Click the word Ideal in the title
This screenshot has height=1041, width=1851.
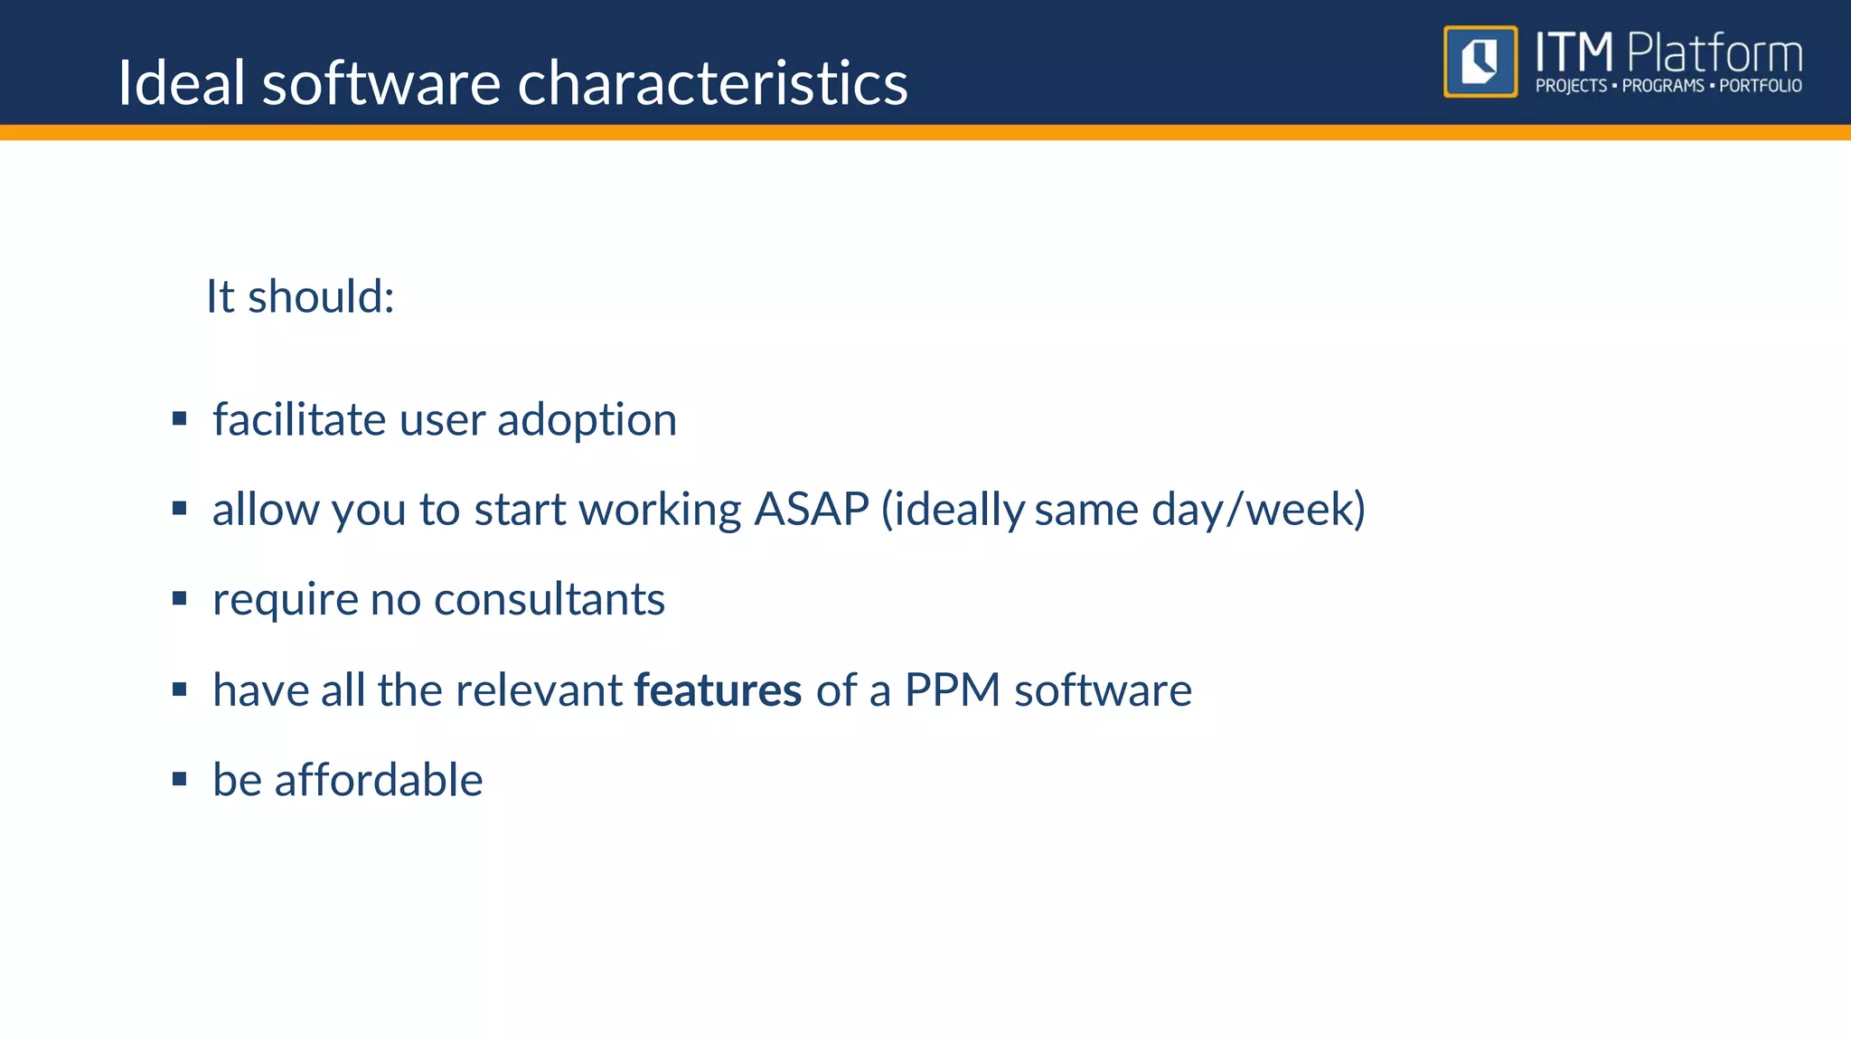(x=182, y=83)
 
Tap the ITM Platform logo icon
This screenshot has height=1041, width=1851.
(x=1480, y=61)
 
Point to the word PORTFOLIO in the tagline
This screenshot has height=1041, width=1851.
(x=1760, y=86)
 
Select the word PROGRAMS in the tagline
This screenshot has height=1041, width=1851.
(x=1662, y=86)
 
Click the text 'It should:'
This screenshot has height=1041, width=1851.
(x=300, y=296)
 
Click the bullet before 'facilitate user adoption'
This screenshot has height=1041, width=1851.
(x=179, y=418)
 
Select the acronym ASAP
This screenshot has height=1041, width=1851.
(x=811, y=509)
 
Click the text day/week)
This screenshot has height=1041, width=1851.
(x=1258, y=509)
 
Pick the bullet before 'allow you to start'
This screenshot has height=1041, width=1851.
(x=179, y=509)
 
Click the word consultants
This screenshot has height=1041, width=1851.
(x=549, y=599)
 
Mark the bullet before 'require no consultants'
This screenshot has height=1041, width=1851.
(x=179, y=598)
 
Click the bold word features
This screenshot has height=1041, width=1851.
(x=718, y=690)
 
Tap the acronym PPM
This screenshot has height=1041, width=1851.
(x=952, y=690)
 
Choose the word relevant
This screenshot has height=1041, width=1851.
(x=537, y=690)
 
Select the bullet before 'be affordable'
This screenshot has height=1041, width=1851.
(x=179, y=779)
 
